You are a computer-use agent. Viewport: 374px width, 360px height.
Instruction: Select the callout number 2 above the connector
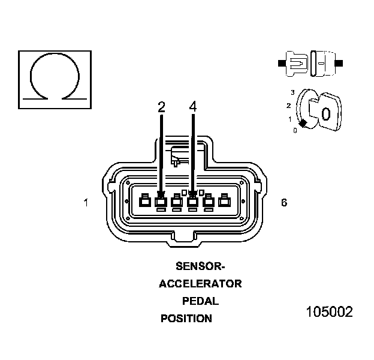[161, 107]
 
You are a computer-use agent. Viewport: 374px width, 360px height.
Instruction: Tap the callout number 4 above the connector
[192, 107]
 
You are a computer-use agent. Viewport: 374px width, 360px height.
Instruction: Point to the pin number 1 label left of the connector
[86, 203]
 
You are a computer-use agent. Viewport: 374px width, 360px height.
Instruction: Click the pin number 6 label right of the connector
[283, 203]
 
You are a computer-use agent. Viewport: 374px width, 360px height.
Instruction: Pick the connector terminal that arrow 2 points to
[161, 201]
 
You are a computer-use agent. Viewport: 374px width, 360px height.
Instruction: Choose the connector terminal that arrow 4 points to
[192, 201]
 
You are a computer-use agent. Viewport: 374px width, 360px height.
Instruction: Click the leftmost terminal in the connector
[144, 201]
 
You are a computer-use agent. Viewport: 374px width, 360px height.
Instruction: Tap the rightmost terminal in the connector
[225, 201]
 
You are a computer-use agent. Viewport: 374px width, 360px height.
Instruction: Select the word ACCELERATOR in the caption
[200, 283]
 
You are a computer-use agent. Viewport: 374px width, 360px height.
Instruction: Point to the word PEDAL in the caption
[200, 301]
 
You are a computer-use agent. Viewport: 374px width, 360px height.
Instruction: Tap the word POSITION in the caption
[186, 319]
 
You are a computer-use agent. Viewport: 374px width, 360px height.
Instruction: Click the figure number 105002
[329, 312]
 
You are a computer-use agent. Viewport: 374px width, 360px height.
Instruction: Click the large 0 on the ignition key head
[326, 113]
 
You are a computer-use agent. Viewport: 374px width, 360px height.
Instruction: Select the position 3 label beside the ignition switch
[292, 92]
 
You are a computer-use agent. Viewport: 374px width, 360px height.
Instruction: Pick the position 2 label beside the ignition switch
[289, 106]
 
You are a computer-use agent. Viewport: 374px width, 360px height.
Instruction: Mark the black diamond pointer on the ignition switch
[303, 123]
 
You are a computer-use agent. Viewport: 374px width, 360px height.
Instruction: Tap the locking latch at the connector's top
[180, 155]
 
